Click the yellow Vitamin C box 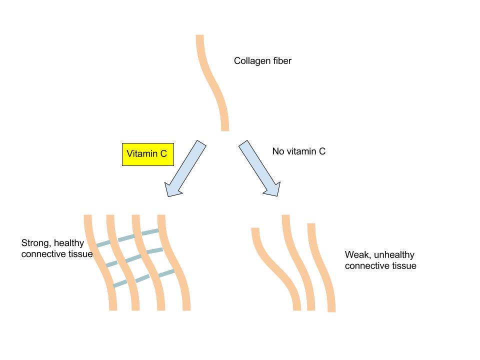[x=147, y=154]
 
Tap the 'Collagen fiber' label [x=262, y=61]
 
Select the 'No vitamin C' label [x=298, y=151]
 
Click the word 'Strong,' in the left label [x=36, y=243]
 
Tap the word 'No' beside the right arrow [x=278, y=151]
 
